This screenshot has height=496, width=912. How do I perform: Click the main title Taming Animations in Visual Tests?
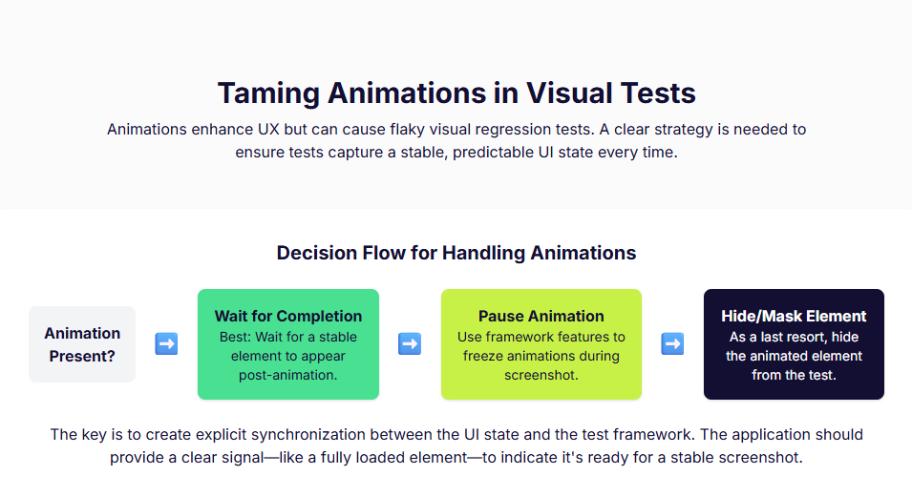pyautogui.click(x=456, y=93)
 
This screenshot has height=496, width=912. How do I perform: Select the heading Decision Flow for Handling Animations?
pyautogui.click(x=456, y=253)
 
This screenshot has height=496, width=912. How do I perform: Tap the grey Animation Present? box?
pyautogui.click(x=82, y=344)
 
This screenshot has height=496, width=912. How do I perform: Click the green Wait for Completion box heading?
pyautogui.click(x=287, y=316)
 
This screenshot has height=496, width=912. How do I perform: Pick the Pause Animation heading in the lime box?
pyautogui.click(x=541, y=316)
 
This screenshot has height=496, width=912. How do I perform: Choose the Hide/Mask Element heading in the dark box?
pyautogui.click(x=794, y=316)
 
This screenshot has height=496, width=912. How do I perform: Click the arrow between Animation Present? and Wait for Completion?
pyautogui.click(x=166, y=344)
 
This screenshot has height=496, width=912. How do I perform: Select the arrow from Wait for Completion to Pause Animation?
pyautogui.click(x=410, y=344)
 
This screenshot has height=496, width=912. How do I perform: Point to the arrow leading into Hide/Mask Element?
pyautogui.click(x=672, y=344)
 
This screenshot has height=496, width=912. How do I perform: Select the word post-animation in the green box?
pyautogui.click(x=287, y=375)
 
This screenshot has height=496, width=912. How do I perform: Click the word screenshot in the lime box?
pyautogui.click(x=541, y=375)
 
